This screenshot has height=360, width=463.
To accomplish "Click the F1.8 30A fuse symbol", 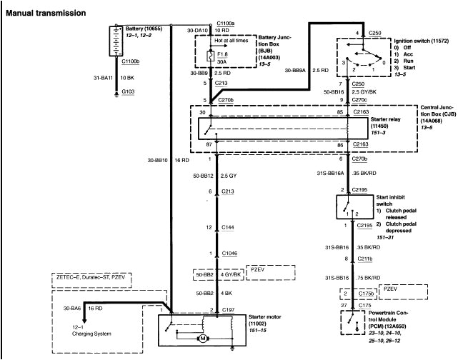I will (x=209, y=56).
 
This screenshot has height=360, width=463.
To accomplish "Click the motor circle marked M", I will (x=203, y=338).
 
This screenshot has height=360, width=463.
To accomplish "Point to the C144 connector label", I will (x=227, y=226).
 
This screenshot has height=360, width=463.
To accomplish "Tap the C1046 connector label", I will (x=229, y=254).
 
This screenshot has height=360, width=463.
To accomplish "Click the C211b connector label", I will (x=364, y=259).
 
